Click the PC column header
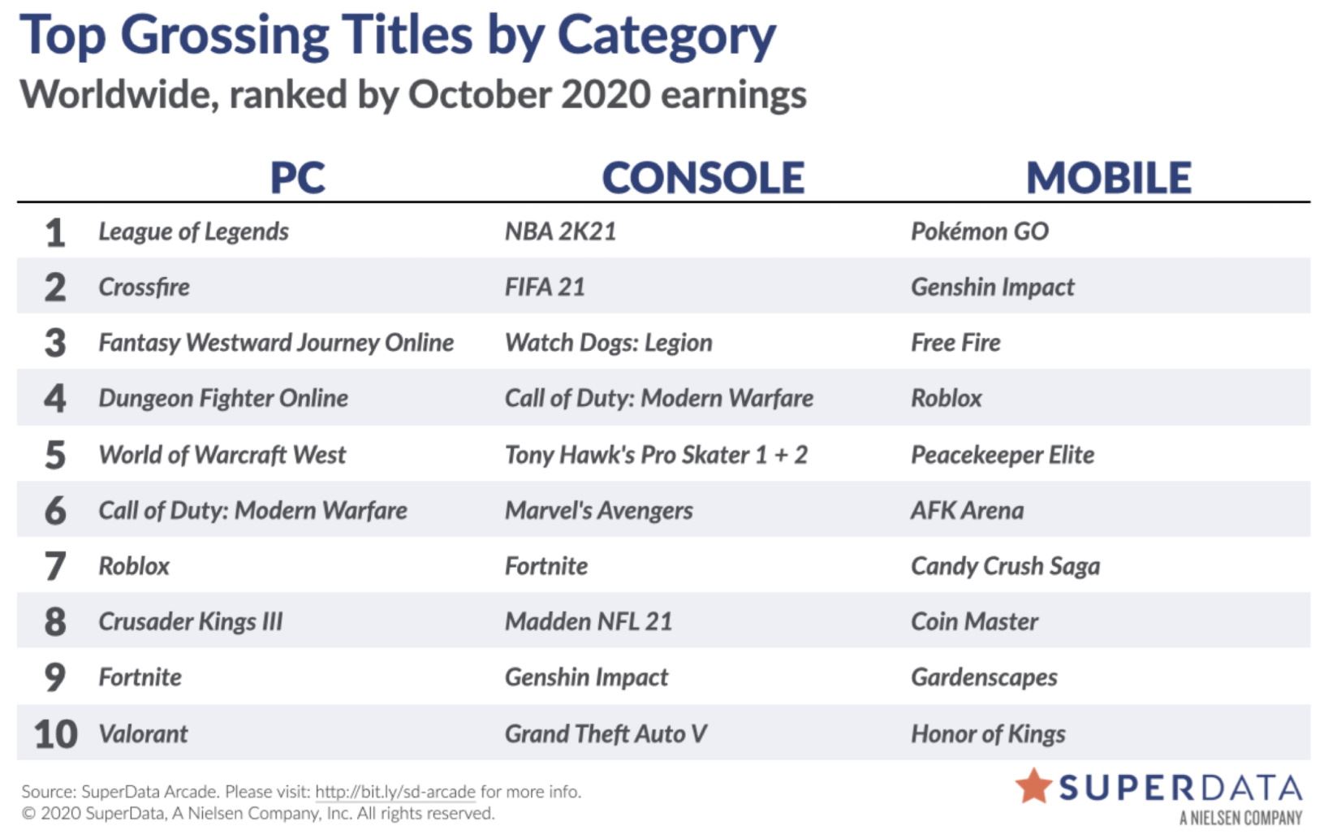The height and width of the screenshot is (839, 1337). pyautogui.click(x=298, y=177)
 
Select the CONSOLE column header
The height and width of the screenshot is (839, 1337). pyautogui.click(x=703, y=177)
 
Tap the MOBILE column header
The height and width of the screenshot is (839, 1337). pyautogui.click(x=1108, y=177)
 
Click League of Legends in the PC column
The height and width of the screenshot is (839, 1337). pyautogui.click(x=193, y=231)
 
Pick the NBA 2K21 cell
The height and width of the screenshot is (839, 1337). pyautogui.click(x=560, y=231)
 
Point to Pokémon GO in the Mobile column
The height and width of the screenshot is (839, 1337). pyautogui.click(x=980, y=231)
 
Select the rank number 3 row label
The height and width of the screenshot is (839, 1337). pyautogui.click(x=55, y=343)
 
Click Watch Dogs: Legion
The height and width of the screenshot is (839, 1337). pyautogui.click(x=608, y=343)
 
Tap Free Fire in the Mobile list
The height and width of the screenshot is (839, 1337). pyautogui.click(x=955, y=343)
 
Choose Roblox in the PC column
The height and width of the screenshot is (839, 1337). pyautogui.click(x=134, y=566)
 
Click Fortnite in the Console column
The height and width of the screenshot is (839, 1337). pyautogui.click(x=546, y=566)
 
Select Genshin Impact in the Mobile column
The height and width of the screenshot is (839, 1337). pyautogui.click(x=992, y=288)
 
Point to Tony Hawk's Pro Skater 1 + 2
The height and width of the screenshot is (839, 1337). pyautogui.click(x=656, y=455)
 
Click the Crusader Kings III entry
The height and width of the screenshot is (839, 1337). pyautogui.click(x=191, y=621)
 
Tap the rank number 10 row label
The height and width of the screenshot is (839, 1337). pyautogui.click(x=55, y=734)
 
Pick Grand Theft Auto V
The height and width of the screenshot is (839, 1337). pyautogui.click(x=606, y=734)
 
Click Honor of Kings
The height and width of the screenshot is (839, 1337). pyautogui.click(x=988, y=734)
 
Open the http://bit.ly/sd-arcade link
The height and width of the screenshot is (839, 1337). pyautogui.click(x=395, y=792)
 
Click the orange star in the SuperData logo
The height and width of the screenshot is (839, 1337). pyautogui.click(x=1033, y=786)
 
